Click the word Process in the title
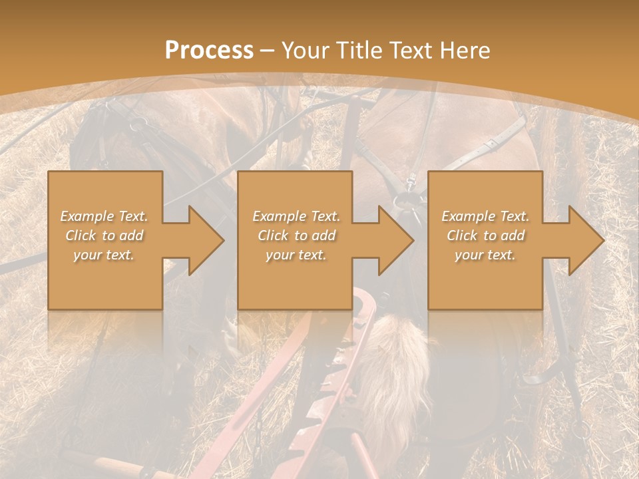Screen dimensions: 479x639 coord(209,50)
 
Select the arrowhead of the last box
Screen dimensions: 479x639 coord(585,240)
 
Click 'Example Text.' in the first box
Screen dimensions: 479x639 coord(104,216)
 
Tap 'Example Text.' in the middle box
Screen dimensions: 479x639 coord(296,216)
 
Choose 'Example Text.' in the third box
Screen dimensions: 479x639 coord(485,216)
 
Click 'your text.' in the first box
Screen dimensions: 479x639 coord(104,255)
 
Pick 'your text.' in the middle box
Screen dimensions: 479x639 coord(296,255)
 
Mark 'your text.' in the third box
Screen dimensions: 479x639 coord(485,255)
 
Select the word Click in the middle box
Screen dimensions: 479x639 coord(273,236)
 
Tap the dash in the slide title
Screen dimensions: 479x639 coord(267,51)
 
